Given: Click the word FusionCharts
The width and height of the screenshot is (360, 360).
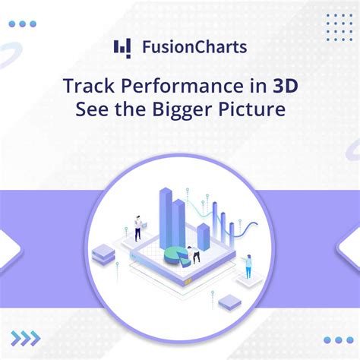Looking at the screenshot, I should [x=194, y=47].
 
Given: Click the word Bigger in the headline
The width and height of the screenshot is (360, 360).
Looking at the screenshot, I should [x=191, y=109].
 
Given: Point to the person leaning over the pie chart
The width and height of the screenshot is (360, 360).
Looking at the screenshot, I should [x=194, y=255].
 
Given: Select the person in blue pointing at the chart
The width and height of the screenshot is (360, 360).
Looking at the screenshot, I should [x=248, y=266].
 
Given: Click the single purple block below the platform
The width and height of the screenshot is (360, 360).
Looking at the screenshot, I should [x=229, y=304].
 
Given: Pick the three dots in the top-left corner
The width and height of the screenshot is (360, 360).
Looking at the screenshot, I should [x=27, y=24].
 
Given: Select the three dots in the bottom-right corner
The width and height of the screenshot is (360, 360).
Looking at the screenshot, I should [x=338, y=340].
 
